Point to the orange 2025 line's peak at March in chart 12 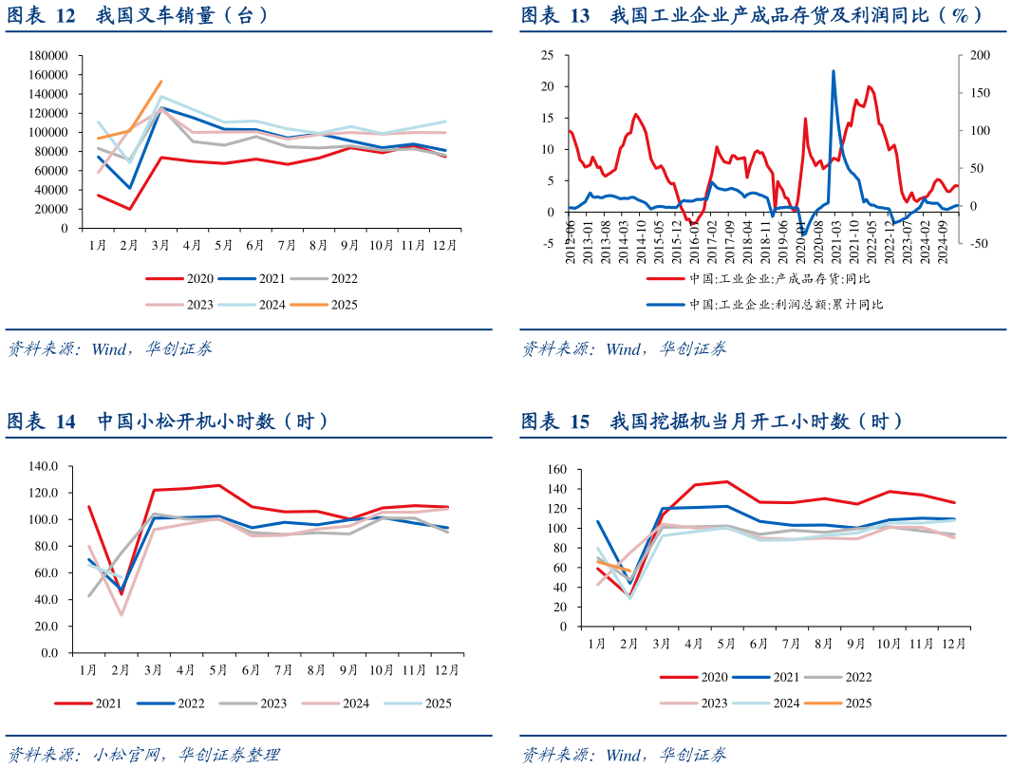coord(160,82)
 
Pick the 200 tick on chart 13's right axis coord(978,55)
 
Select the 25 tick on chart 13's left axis coord(547,55)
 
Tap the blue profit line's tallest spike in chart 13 coord(834,71)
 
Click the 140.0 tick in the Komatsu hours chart coord(44,466)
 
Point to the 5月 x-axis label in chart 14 coord(217,670)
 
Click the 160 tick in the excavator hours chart coord(556,469)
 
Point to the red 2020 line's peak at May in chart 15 coord(726,481)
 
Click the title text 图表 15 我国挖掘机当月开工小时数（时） coord(712,421)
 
